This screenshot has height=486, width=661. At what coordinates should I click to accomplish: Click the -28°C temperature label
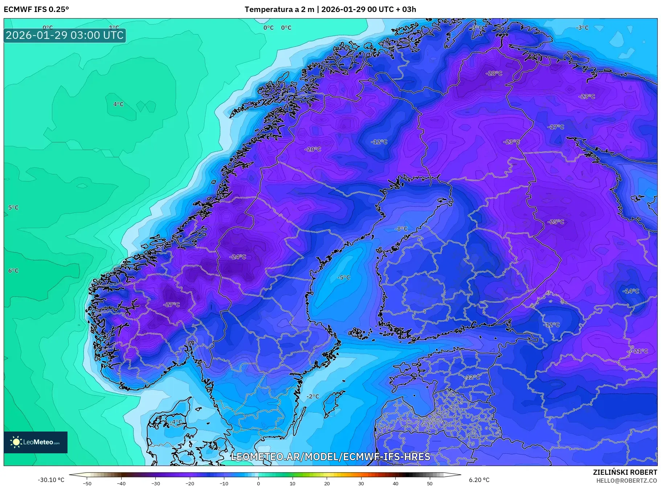(x=494, y=73)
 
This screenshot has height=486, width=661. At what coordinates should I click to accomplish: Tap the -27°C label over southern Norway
(x=171, y=305)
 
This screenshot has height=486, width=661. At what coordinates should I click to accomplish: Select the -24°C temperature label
(x=238, y=257)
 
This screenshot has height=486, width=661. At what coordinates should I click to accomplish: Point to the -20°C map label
(x=313, y=149)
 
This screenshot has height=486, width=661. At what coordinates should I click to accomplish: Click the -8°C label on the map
(x=401, y=229)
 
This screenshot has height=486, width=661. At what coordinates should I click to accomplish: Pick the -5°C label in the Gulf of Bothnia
(x=344, y=278)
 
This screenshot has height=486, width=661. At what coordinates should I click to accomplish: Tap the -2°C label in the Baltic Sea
(x=313, y=396)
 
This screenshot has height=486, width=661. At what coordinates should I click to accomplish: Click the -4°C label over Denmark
(x=176, y=422)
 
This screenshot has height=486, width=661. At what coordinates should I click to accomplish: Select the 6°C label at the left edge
(x=13, y=271)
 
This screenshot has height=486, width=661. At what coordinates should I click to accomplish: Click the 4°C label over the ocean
(x=118, y=104)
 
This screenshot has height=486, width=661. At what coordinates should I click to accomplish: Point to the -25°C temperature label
(x=556, y=222)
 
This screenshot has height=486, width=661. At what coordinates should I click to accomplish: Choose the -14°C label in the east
(x=631, y=291)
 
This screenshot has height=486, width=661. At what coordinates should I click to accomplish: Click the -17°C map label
(x=556, y=127)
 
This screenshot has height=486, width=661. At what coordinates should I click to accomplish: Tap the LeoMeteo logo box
(x=36, y=442)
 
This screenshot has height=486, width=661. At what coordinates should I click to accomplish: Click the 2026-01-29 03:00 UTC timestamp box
(x=65, y=35)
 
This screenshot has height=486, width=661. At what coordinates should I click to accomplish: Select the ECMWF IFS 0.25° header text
(x=36, y=9)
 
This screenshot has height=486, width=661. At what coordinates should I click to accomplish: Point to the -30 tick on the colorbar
(x=155, y=483)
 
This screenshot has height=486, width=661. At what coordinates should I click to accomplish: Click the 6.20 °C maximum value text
(x=479, y=480)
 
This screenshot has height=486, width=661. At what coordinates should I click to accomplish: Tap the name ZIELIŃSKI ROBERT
(x=625, y=472)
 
